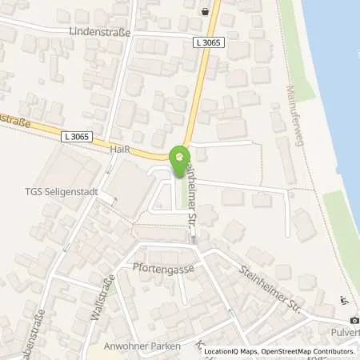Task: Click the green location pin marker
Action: point(181,156)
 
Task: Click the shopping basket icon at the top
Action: point(206,12)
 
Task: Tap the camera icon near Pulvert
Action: point(333,321)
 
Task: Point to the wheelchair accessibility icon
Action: point(344,300)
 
